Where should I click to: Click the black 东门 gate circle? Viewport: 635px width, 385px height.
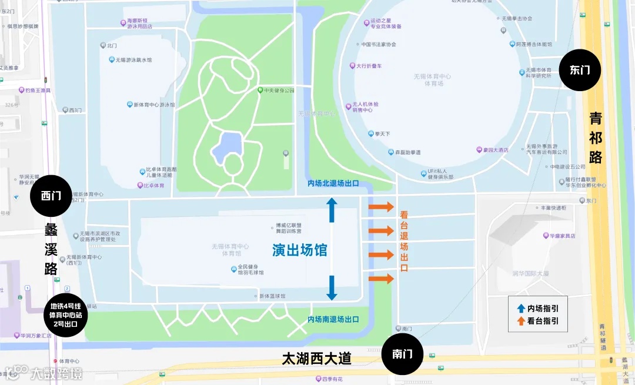580,70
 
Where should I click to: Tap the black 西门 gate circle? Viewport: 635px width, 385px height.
51,196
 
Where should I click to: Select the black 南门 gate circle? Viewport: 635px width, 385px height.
403,354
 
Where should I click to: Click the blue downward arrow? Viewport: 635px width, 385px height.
332,287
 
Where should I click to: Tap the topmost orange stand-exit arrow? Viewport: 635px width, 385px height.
381,207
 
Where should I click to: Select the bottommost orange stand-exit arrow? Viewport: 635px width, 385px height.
381,279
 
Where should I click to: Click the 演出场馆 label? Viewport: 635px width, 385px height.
299,250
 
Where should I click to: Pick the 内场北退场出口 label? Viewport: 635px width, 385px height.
333,183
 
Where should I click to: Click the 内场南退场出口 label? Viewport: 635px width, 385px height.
333,319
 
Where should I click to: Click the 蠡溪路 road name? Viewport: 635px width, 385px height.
51,249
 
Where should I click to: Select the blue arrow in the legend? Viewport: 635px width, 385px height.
521,308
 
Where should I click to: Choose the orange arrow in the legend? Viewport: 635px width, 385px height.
521,322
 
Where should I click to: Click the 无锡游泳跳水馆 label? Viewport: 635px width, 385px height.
134,60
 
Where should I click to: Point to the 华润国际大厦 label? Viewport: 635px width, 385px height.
530,273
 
